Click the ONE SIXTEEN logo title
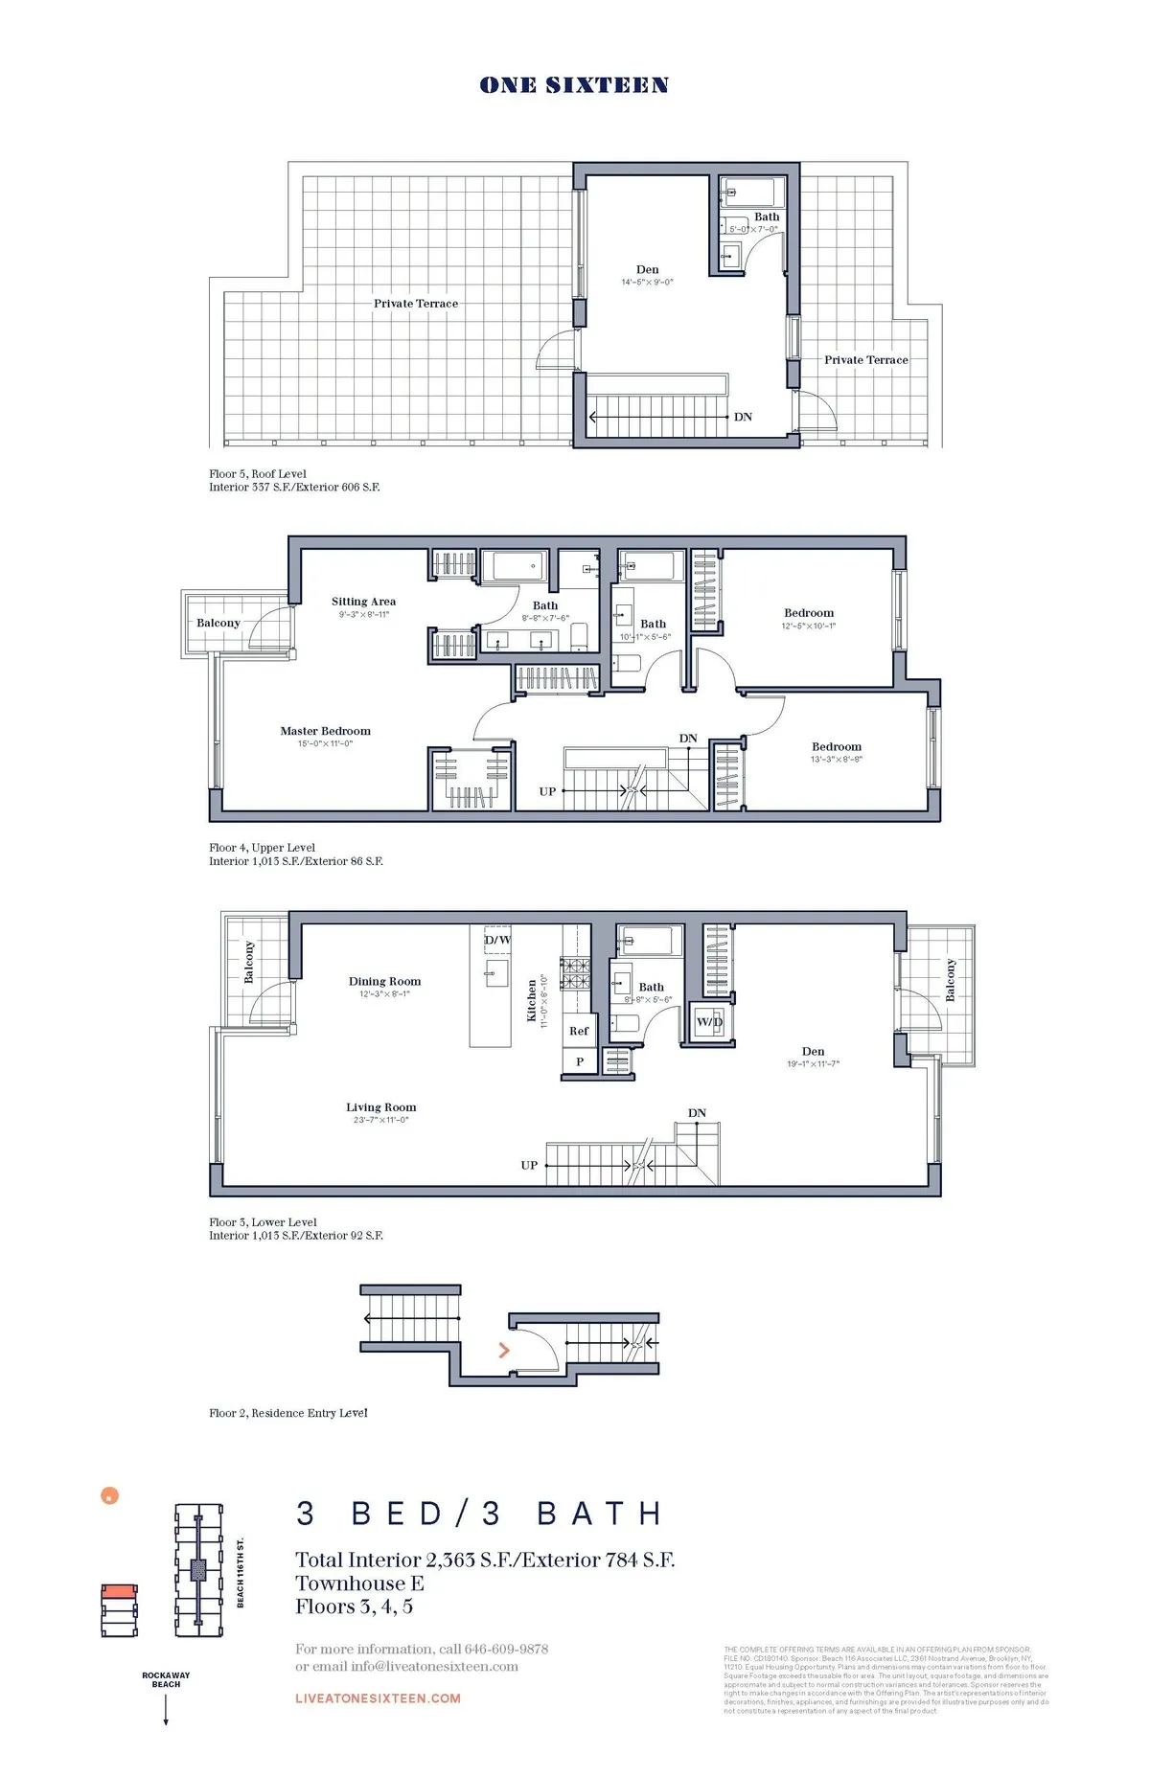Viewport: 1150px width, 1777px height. (574, 85)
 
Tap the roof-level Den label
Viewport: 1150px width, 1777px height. (647, 270)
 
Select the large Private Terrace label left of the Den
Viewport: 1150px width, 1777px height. (416, 304)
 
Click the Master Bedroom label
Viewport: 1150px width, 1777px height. (325, 731)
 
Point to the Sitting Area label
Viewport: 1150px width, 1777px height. (363, 602)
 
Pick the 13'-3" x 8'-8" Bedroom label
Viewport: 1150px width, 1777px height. (836, 747)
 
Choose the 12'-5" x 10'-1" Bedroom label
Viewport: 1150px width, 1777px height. (808, 613)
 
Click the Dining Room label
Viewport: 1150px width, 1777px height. (384, 982)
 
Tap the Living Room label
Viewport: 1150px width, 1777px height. (380, 1107)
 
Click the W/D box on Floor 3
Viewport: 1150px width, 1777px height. (709, 1022)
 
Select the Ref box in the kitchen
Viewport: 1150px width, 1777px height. (579, 1032)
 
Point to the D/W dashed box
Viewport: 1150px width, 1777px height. (497, 941)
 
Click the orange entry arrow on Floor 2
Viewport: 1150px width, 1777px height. (504, 1351)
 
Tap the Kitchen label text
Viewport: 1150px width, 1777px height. (532, 1001)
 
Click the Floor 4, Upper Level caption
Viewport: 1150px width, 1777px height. (262, 848)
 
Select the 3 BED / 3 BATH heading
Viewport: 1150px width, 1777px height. (480, 1514)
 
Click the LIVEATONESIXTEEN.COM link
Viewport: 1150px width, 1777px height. (378, 1698)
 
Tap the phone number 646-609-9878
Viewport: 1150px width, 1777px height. (506, 1649)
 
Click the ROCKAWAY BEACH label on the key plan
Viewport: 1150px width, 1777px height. (166, 1679)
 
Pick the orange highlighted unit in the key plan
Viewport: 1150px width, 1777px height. (119, 1591)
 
